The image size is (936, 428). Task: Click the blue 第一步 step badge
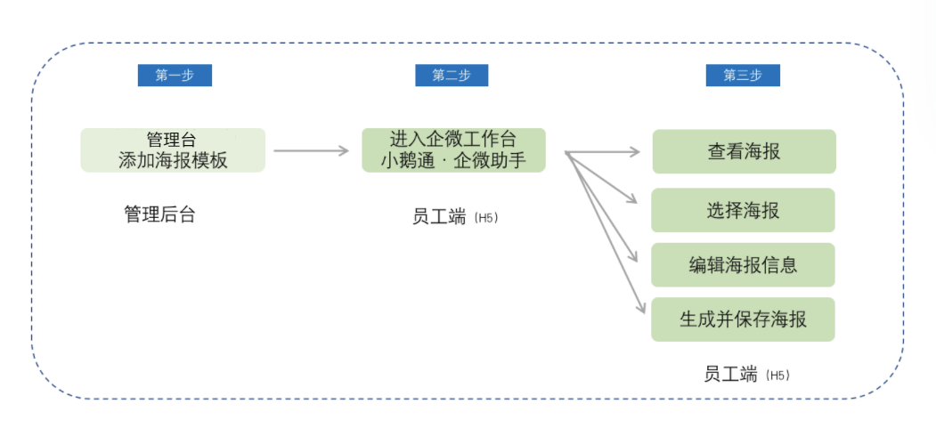(175, 76)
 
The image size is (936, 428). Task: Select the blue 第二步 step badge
(452, 76)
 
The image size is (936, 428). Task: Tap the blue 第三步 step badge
(743, 76)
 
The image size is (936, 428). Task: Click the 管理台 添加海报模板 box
(173, 150)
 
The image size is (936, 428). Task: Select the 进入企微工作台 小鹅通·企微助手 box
(453, 150)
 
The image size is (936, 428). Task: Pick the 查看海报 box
(744, 151)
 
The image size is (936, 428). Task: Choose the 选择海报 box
(743, 210)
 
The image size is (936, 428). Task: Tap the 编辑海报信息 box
(743, 264)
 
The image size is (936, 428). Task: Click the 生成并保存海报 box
(743, 319)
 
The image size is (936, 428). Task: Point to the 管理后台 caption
(159, 214)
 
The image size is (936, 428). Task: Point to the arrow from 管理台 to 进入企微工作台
(311, 151)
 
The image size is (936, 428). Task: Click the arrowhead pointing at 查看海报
(635, 152)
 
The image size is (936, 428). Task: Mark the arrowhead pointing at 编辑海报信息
(635, 257)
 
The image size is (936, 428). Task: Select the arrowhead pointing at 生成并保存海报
(641, 308)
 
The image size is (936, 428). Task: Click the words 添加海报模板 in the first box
(173, 161)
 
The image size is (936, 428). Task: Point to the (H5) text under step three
(777, 376)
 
